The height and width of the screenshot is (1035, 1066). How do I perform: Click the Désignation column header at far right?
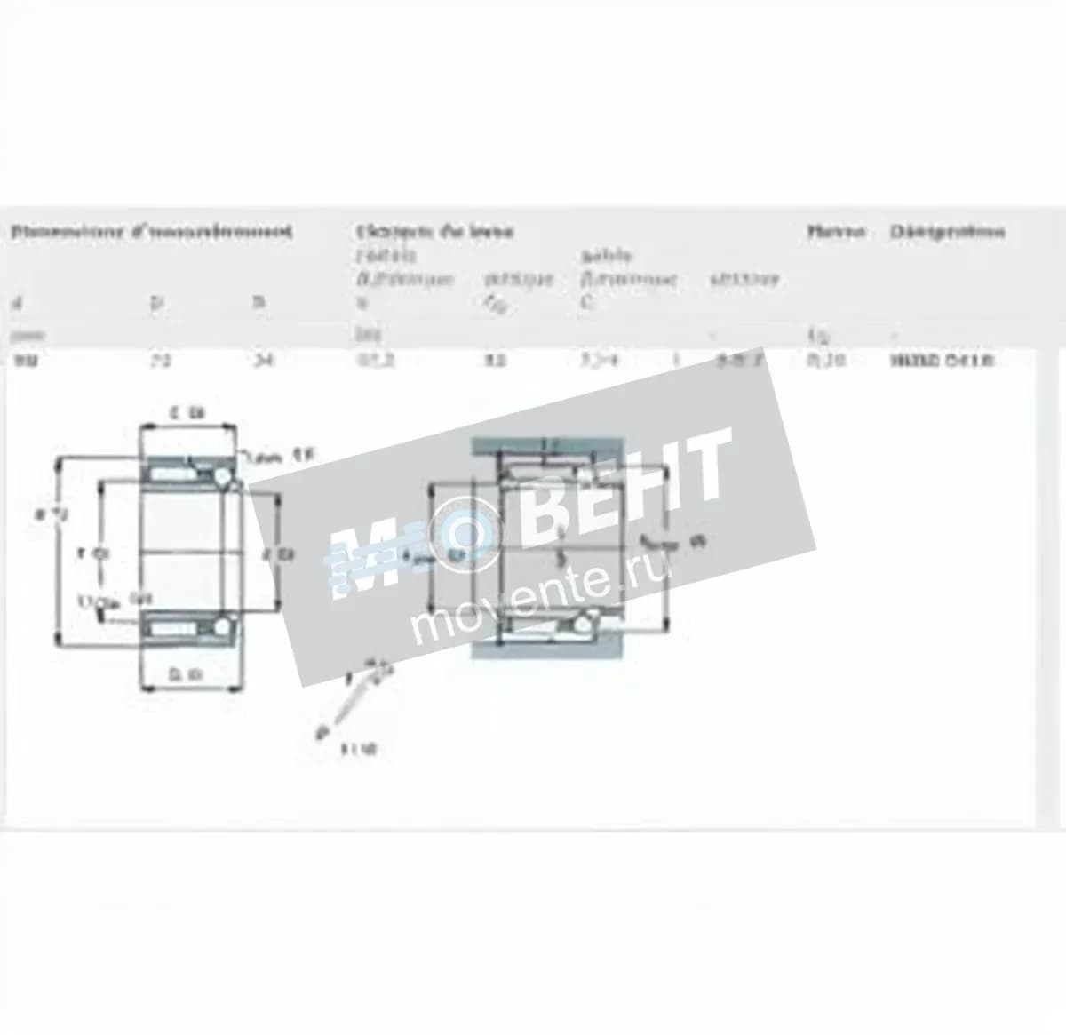click(947, 232)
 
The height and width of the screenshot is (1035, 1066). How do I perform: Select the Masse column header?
click(836, 232)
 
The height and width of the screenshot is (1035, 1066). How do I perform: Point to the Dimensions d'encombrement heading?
click(151, 232)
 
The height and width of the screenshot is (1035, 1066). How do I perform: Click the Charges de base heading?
click(434, 232)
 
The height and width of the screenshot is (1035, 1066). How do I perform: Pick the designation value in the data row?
click(941, 360)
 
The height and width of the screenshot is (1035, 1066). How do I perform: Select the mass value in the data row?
click(826, 360)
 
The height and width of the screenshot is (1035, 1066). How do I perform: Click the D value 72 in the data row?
click(161, 360)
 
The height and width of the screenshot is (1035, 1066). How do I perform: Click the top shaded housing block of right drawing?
click(542, 445)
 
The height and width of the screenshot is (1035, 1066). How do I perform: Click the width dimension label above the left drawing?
click(187, 412)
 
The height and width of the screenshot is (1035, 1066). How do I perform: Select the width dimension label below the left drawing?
click(187, 675)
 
